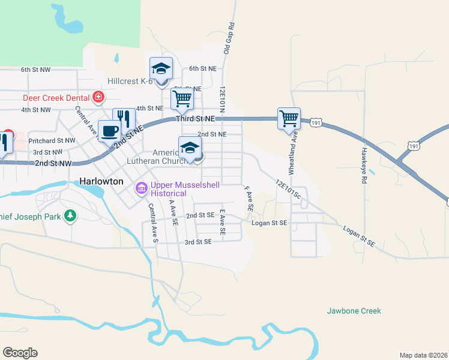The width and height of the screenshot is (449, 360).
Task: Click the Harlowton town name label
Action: [101, 181]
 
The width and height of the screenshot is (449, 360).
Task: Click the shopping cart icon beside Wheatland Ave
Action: [289, 119]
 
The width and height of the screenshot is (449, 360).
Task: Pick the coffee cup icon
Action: [109, 131]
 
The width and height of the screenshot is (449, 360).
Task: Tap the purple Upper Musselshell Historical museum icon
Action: [142, 189]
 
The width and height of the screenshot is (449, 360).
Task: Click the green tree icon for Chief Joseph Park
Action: [70, 215]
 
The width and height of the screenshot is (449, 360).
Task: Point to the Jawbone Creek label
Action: [354, 311]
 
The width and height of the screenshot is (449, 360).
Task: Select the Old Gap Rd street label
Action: [229, 38]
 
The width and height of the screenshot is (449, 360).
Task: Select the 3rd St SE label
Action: [199, 242]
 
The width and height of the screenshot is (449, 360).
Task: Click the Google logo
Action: [20, 353]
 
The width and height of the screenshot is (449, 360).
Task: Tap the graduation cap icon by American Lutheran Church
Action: [190, 148]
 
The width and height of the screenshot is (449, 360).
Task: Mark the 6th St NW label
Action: [35, 70]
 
